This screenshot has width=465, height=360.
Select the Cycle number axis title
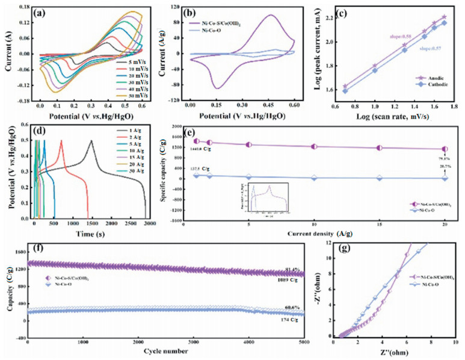(x=165, y=349)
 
